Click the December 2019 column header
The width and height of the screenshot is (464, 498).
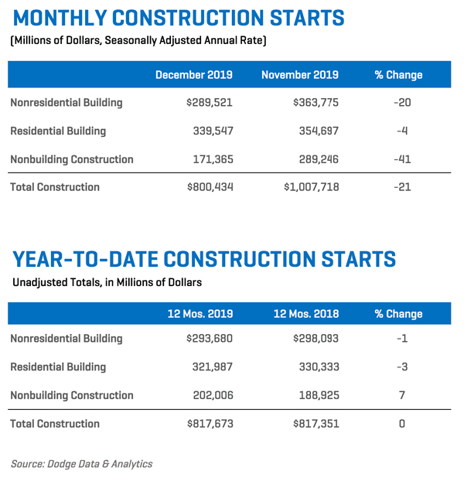point(193,75)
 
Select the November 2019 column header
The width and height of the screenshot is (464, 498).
point(300,75)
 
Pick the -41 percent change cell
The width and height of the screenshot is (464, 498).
point(402,159)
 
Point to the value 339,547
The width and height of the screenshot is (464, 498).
point(213,131)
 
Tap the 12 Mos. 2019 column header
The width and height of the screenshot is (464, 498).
point(200,314)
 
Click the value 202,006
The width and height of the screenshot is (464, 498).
point(213,395)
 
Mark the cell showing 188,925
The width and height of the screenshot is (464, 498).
point(319,395)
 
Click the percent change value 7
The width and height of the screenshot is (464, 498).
point(402,395)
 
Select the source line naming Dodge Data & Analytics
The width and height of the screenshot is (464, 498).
point(81,464)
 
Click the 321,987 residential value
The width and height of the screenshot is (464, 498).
point(213,367)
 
